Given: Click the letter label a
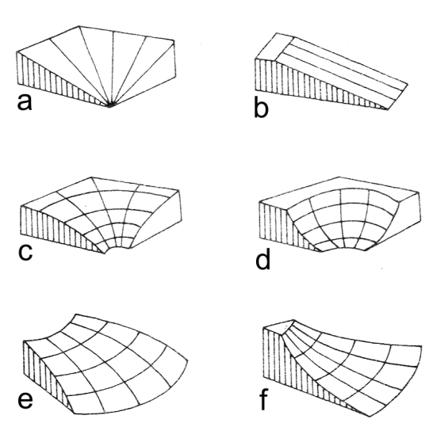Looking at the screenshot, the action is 25,102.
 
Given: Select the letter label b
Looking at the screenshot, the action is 261,107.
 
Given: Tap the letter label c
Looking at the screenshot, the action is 25,252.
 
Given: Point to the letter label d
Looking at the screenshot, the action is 263,259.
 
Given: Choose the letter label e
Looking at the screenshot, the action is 25,400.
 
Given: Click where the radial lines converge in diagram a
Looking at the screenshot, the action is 110,105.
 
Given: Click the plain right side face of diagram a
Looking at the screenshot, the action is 164,71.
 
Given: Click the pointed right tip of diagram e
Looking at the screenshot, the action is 188,360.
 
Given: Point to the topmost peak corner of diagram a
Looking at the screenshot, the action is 79,26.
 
